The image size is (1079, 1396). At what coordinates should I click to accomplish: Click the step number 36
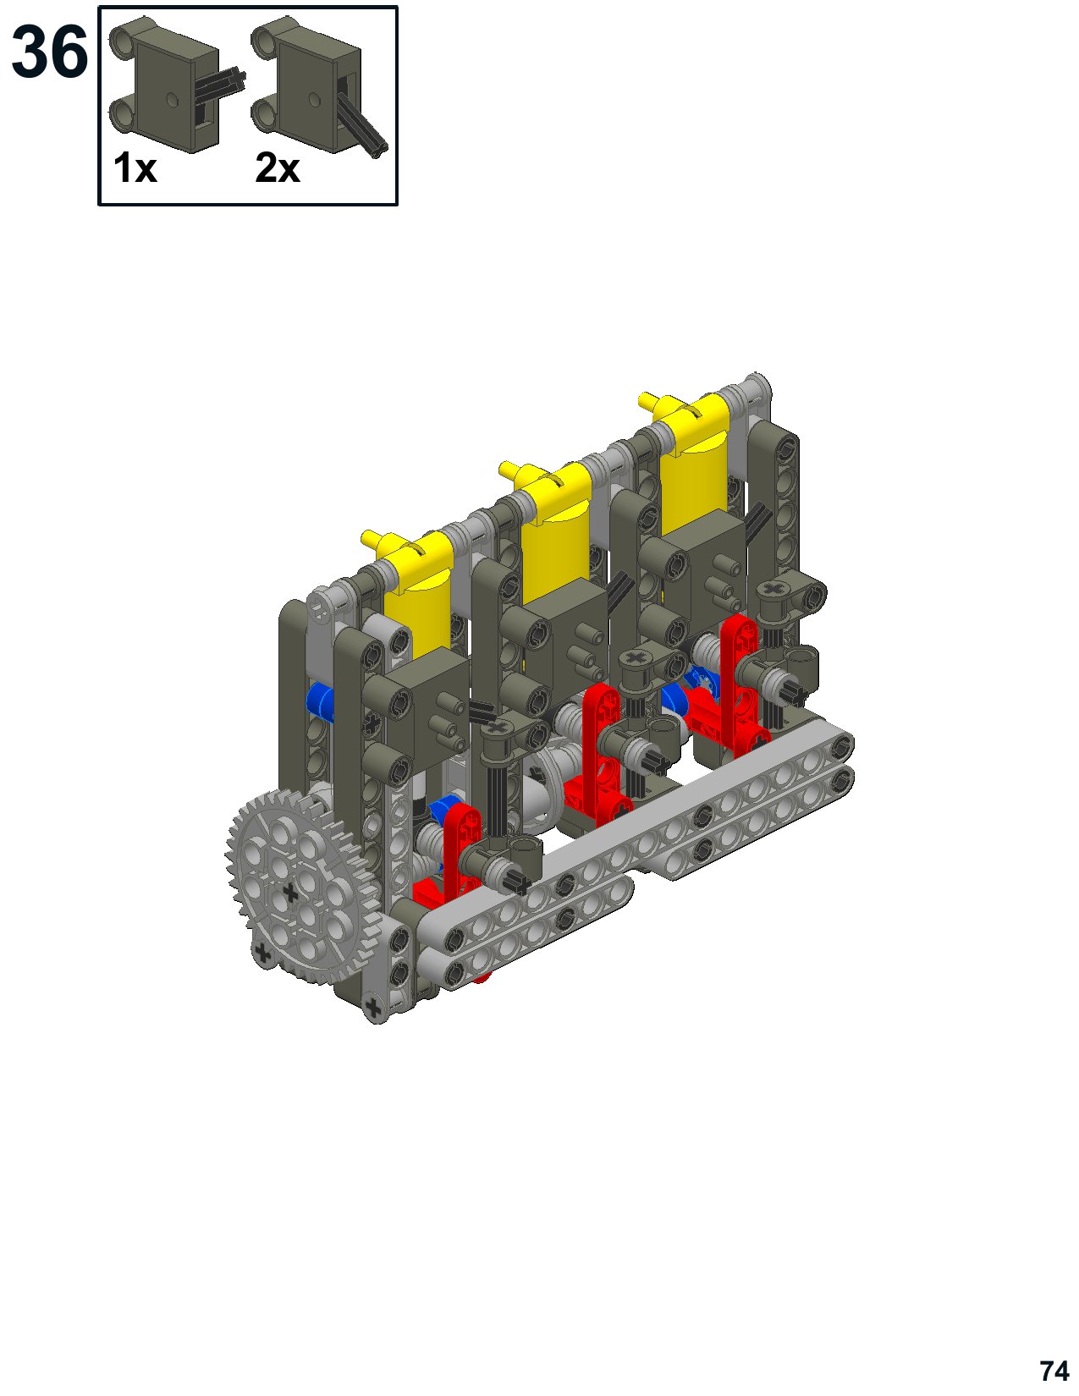pos(49,52)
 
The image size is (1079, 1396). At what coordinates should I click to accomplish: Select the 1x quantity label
pos(135,168)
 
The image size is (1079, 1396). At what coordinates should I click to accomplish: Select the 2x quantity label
pos(278,168)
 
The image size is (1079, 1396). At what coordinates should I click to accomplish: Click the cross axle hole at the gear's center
pos(290,893)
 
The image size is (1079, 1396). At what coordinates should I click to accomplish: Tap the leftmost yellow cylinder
pos(418,604)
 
